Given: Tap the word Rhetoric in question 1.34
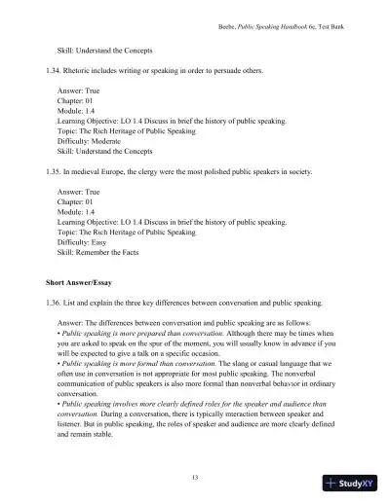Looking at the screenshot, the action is click(x=78, y=72).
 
